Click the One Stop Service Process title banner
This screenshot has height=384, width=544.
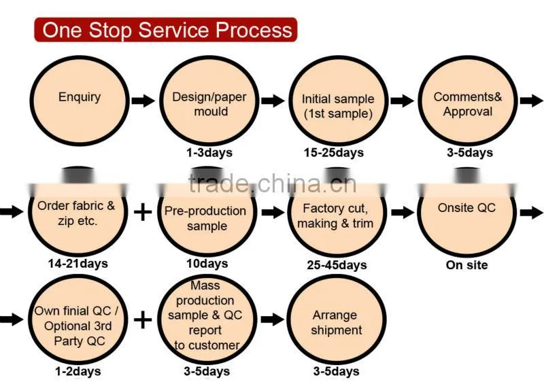click(x=165, y=30)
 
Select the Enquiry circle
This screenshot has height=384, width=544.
click(x=80, y=101)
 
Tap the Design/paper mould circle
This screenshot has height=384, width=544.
click(x=209, y=101)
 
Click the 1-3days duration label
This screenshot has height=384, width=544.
click(x=209, y=153)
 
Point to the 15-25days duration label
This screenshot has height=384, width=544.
click(x=334, y=153)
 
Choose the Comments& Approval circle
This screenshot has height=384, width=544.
click(x=468, y=101)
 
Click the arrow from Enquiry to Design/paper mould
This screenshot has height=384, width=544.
click(x=143, y=101)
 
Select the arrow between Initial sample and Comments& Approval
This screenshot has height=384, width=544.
click(x=403, y=101)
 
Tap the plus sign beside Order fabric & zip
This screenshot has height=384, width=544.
click(x=143, y=212)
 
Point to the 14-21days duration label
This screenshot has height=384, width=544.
click(x=78, y=264)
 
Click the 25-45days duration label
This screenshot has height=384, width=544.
click(x=337, y=265)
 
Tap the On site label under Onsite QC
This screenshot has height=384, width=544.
click(x=466, y=265)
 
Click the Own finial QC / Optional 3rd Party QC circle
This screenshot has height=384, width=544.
click(x=78, y=319)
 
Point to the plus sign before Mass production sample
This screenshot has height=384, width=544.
click(x=143, y=320)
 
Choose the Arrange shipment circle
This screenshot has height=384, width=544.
click(x=337, y=319)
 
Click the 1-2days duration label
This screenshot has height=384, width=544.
click(x=78, y=372)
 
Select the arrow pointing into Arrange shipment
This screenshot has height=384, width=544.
click(x=273, y=319)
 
